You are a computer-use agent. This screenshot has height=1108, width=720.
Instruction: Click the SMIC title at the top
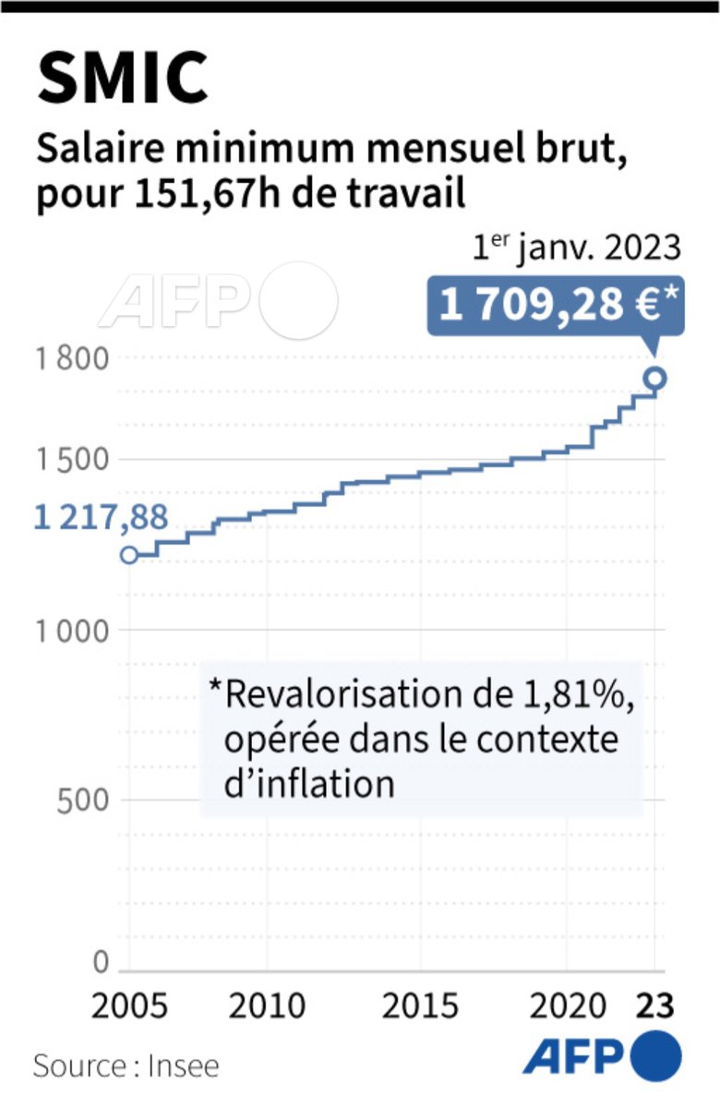pyautogui.click(x=123, y=78)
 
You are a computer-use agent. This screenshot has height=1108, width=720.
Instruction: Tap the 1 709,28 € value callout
pyautogui.click(x=555, y=305)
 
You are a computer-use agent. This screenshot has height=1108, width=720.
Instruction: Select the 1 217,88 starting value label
pyautogui.click(x=102, y=517)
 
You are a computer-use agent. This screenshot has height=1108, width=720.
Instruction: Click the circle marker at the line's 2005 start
pyautogui.click(x=129, y=555)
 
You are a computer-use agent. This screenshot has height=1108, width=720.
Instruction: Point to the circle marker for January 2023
pyautogui.click(x=655, y=377)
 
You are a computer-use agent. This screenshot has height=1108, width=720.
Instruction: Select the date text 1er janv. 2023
pyautogui.click(x=578, y=249)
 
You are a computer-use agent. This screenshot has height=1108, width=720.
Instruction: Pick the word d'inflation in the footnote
pyautogui.click(x=309, y=783)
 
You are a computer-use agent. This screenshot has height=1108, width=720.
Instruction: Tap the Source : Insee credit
pyautogui.click(x=126, y=1066)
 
